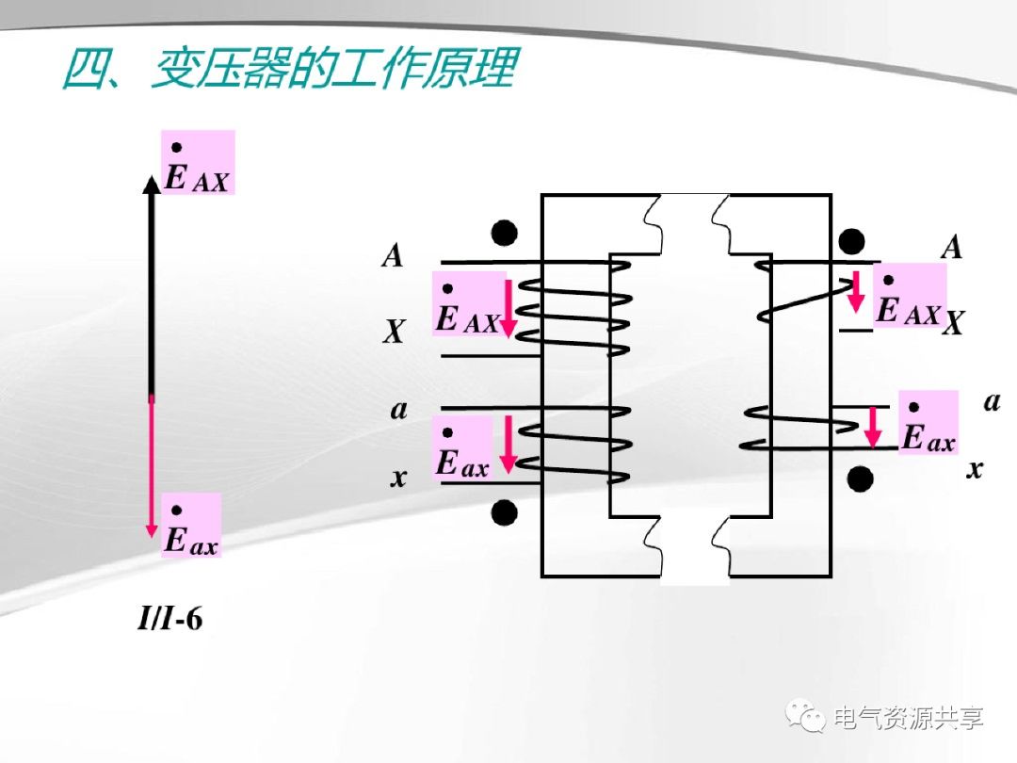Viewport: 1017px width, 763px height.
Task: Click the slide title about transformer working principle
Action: [287, 70]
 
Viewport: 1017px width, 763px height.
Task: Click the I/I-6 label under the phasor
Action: [170, 621]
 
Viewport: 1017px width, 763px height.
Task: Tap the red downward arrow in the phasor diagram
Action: [151, 466]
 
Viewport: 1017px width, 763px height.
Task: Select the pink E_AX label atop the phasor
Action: [197, 163]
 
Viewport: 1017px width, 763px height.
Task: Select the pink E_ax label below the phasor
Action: [190, 525]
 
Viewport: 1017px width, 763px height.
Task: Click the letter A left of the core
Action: [393, 255]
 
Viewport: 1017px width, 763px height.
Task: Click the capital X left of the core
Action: [394, 332]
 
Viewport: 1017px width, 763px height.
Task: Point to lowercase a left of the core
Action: [399, 411]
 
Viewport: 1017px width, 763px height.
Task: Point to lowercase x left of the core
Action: [399, 478]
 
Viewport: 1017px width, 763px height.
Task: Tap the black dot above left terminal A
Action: [505, 232]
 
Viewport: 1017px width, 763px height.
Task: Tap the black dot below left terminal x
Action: [505, 511]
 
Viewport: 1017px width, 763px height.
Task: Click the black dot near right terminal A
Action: [852, 240]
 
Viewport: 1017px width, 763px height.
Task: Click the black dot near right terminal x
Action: [859, 479]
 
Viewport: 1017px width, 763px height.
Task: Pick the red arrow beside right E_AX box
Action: [856, 292]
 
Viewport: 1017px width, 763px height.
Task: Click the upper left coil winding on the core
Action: [574, 316]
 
